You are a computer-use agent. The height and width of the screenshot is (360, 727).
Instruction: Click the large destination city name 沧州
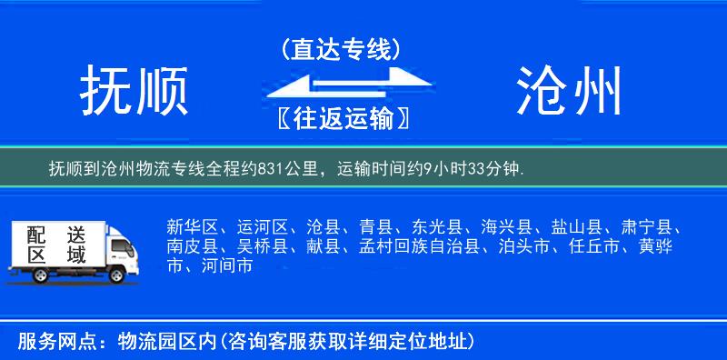pos(571,92)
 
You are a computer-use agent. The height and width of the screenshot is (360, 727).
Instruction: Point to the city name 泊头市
pos(522,246)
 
